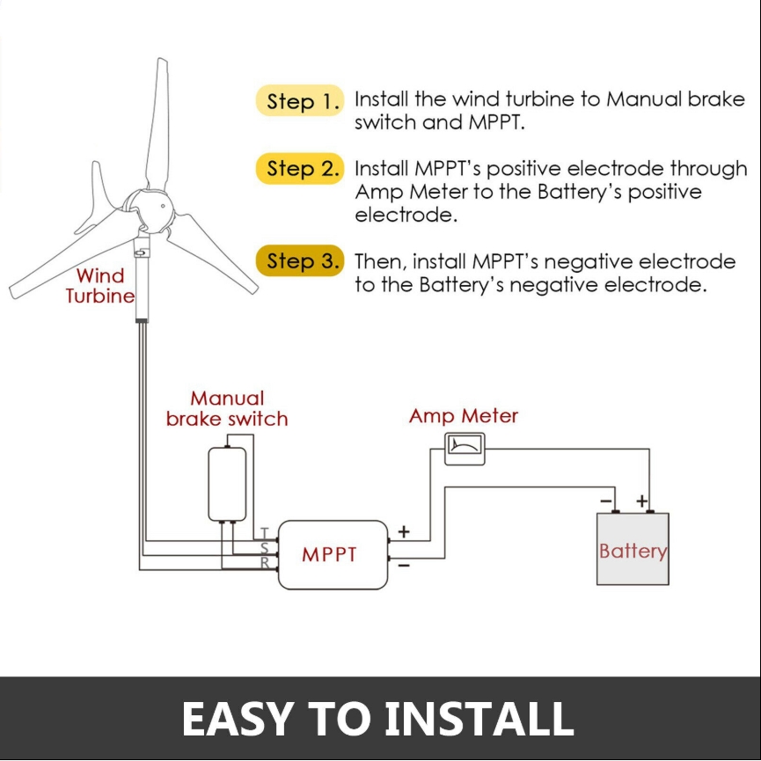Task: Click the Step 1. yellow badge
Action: pyautogui.click(x=299, y=100)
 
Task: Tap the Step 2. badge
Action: pyautogui.click(x=299, y=168)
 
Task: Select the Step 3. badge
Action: pyautogui.click(x=299, y=260)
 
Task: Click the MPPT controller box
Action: pyautogui.click(x=333, y=555)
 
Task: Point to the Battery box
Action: pyautogui.click(x=633, y=549)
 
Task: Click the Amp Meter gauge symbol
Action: pyautogui.click(x=465, y=449)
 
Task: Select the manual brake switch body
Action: pyautogui.click(x=227, y=485)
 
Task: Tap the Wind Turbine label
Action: pyautogui.click(x=100, y=286)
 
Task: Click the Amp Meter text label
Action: pyautogui.click(x=464, y=416)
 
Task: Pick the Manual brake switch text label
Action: pyautogui.click(x=227, y=408)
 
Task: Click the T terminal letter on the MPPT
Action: pyautogui.click(x=265, y=533)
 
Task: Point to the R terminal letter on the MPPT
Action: pyautogui.click(x=265, y=562)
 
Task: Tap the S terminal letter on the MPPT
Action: pyautogui.click(x=265, y=548)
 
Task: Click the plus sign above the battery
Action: pyautogui.click(x=641, y=501)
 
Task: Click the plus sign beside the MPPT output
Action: pyautogui.click(x=404, y=532)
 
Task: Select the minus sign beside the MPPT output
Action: pyautogui.click(x=404, y=566)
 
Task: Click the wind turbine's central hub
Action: pyautogui.click(x=148, y=209)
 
